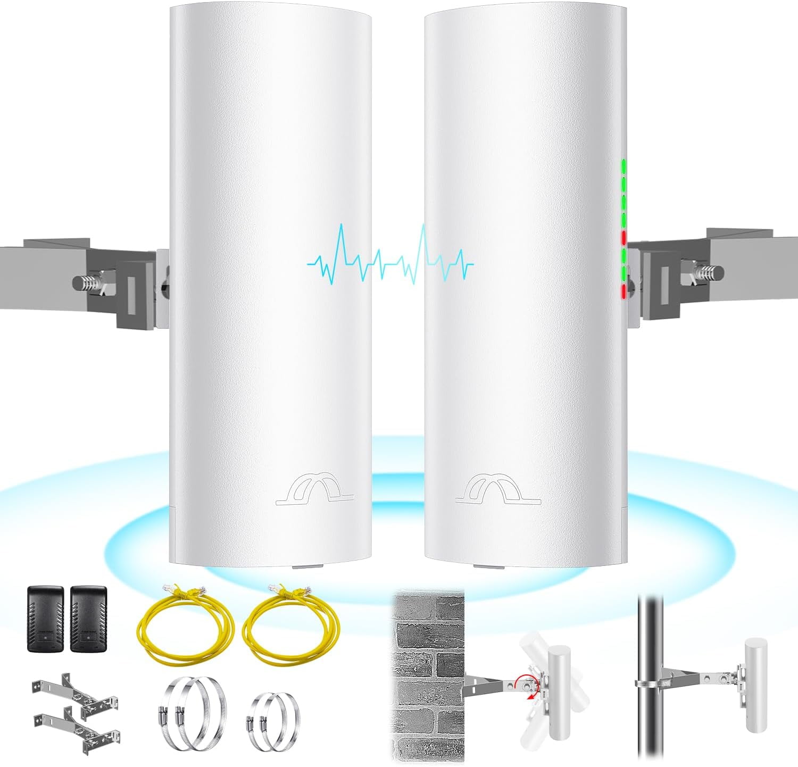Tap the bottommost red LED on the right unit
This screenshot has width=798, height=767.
[x=624, y=290]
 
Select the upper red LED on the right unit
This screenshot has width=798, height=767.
[x=624, y=236]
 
